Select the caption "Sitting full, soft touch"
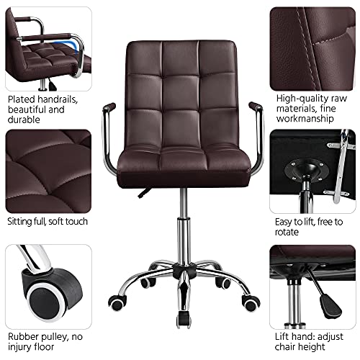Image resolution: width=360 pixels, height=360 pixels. coord(48,221)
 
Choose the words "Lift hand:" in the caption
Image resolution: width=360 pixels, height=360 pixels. coord(297,336)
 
